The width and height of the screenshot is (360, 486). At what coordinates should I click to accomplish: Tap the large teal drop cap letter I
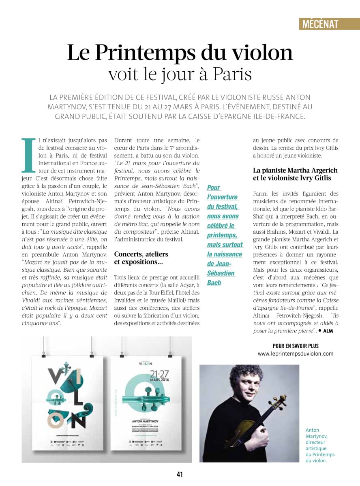(28, 155)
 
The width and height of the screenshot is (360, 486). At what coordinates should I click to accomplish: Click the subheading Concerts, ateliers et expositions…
(141, 258)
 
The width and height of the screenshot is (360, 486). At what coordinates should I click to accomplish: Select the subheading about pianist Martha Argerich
(295, 174)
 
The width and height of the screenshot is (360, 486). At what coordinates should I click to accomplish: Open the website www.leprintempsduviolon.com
(296, 354)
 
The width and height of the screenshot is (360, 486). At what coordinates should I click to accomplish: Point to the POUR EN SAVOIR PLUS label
(296, 346)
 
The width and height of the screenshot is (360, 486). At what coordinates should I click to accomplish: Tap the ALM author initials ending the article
(328, 331)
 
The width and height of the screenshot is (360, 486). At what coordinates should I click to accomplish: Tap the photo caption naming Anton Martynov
(320, 445)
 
